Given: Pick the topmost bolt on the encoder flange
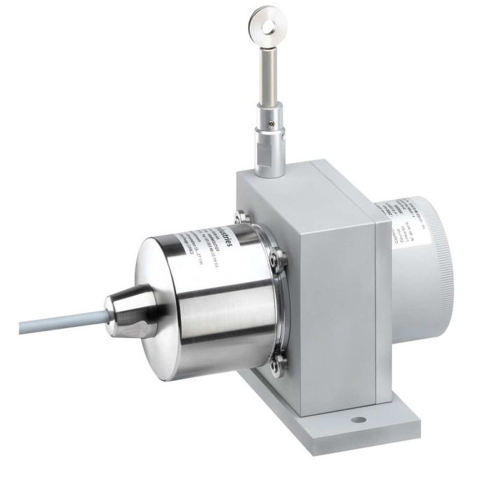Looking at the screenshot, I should tap(240, 215).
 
